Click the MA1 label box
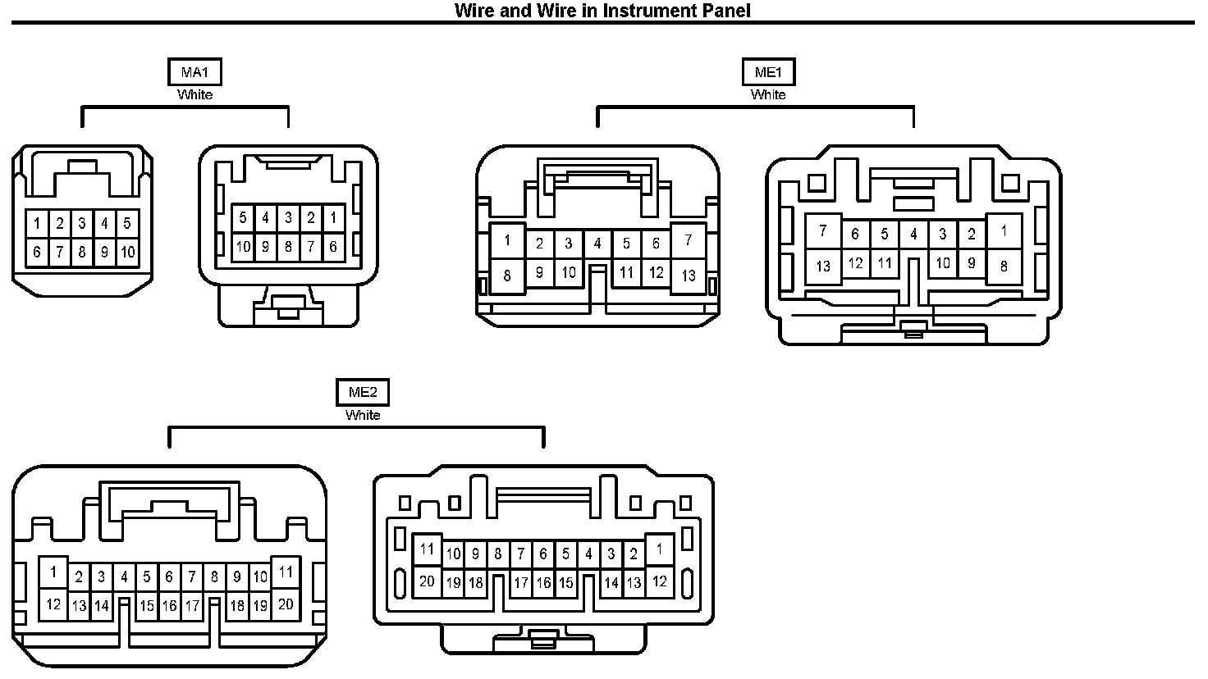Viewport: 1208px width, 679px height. coord(194,72)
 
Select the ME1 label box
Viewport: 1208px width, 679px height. coord(768,72)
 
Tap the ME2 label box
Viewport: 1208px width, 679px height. coord(363,393)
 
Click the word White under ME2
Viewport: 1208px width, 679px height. coord(363,415)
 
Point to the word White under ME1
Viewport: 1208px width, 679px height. coord(768,94)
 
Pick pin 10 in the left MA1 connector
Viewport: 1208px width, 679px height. coord(127,253)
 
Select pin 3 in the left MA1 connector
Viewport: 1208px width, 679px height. coord(82,223)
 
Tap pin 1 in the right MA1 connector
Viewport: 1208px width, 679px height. coord(333,217)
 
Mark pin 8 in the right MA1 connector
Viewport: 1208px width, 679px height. coord(288,246)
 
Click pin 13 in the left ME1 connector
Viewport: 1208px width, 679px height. coord(689,276)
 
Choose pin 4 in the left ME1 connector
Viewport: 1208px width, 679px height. coord(597,244)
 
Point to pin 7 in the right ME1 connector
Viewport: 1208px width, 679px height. coord(823,231)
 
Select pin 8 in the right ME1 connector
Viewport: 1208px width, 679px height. coord(1003,266)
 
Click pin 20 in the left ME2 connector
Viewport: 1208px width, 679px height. coord(286,604)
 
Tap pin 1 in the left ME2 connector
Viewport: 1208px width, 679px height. coord(53,572)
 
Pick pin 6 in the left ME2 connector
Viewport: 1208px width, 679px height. coord(169,576)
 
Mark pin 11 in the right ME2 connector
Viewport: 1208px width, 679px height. coord(427,549)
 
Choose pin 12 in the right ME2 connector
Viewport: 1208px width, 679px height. coord(659,581)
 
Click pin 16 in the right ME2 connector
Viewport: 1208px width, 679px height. coord(543,584)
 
